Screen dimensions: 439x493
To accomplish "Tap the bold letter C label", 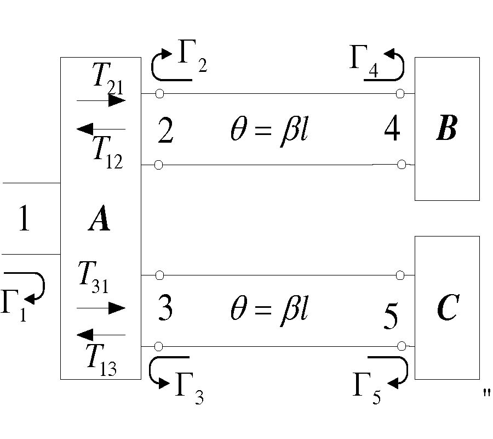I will tap(447, 309).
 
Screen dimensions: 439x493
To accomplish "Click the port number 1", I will tap(23, 219).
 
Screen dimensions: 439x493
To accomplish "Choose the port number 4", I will tap(392, 129).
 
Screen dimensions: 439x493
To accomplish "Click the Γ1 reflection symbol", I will tap(14, 305).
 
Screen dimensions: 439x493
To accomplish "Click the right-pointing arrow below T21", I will tap(101, 101).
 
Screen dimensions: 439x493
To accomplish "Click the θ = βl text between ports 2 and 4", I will tap(268, 132).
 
